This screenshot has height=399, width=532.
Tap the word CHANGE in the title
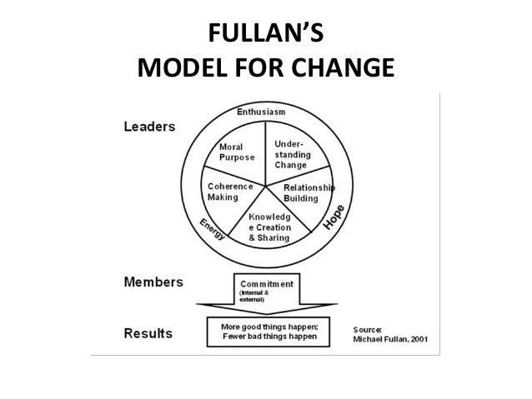[343, 68]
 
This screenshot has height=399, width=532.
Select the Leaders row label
[150, 127]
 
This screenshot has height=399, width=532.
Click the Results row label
[148, 333]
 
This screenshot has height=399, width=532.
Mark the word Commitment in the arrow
[268, 283]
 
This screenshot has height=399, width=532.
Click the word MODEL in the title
[173, 68]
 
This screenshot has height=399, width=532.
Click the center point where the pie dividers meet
[266, 184]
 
